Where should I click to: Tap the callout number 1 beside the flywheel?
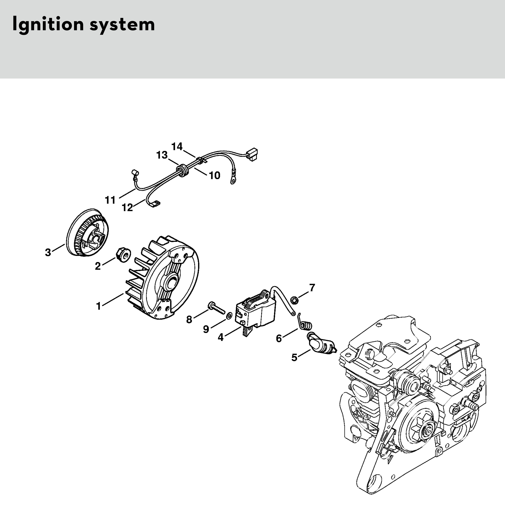tap(99, 306)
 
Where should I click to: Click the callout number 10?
tap(215, 175)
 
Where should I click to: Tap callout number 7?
tap(312, 288)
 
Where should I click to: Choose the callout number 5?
tap(295, 357)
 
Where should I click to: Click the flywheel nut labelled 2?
tap(122, 254)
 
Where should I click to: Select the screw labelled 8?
tap(217, 308)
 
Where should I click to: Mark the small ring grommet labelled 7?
tap(295, 300)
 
